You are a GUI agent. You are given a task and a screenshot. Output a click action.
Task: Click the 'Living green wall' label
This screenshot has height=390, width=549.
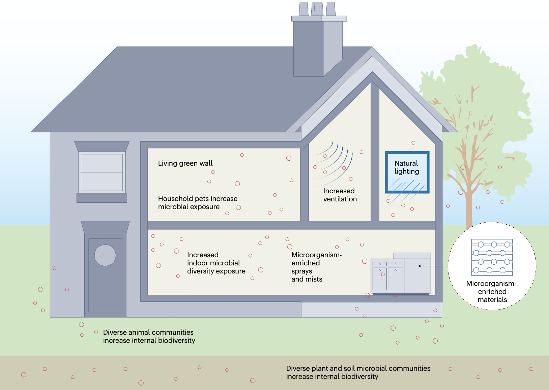tap(185, 163)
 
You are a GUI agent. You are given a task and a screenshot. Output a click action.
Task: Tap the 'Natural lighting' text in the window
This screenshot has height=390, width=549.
tap(407, 167)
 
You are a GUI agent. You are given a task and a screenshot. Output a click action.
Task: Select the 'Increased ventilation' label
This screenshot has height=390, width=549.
tap(340, 195)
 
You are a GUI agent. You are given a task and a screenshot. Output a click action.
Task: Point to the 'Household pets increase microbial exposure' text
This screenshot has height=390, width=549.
tap(198, 203)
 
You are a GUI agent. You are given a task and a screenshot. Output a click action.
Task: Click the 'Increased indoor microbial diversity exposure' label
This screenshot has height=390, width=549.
tap(216, 263)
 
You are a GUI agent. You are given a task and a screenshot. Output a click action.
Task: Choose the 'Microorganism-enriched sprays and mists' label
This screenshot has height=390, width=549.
tap(316, 267)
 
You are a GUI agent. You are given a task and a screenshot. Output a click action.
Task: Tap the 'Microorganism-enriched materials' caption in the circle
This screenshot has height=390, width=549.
tap(492, 292)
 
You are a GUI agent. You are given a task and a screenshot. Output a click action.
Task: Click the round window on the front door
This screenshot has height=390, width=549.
tap(105, 255)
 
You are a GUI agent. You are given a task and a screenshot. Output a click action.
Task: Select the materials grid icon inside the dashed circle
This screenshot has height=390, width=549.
tap(492, 257)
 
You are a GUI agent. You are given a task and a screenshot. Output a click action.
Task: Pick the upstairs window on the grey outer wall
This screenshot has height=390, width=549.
tap(102, 172)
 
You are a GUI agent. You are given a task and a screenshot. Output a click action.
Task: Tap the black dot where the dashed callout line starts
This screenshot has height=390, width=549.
tap(420, 266)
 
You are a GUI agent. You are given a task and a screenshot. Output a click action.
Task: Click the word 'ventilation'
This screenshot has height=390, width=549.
tap(340, 199)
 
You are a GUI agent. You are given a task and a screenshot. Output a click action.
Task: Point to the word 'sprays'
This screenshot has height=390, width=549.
tap(302, 271)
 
